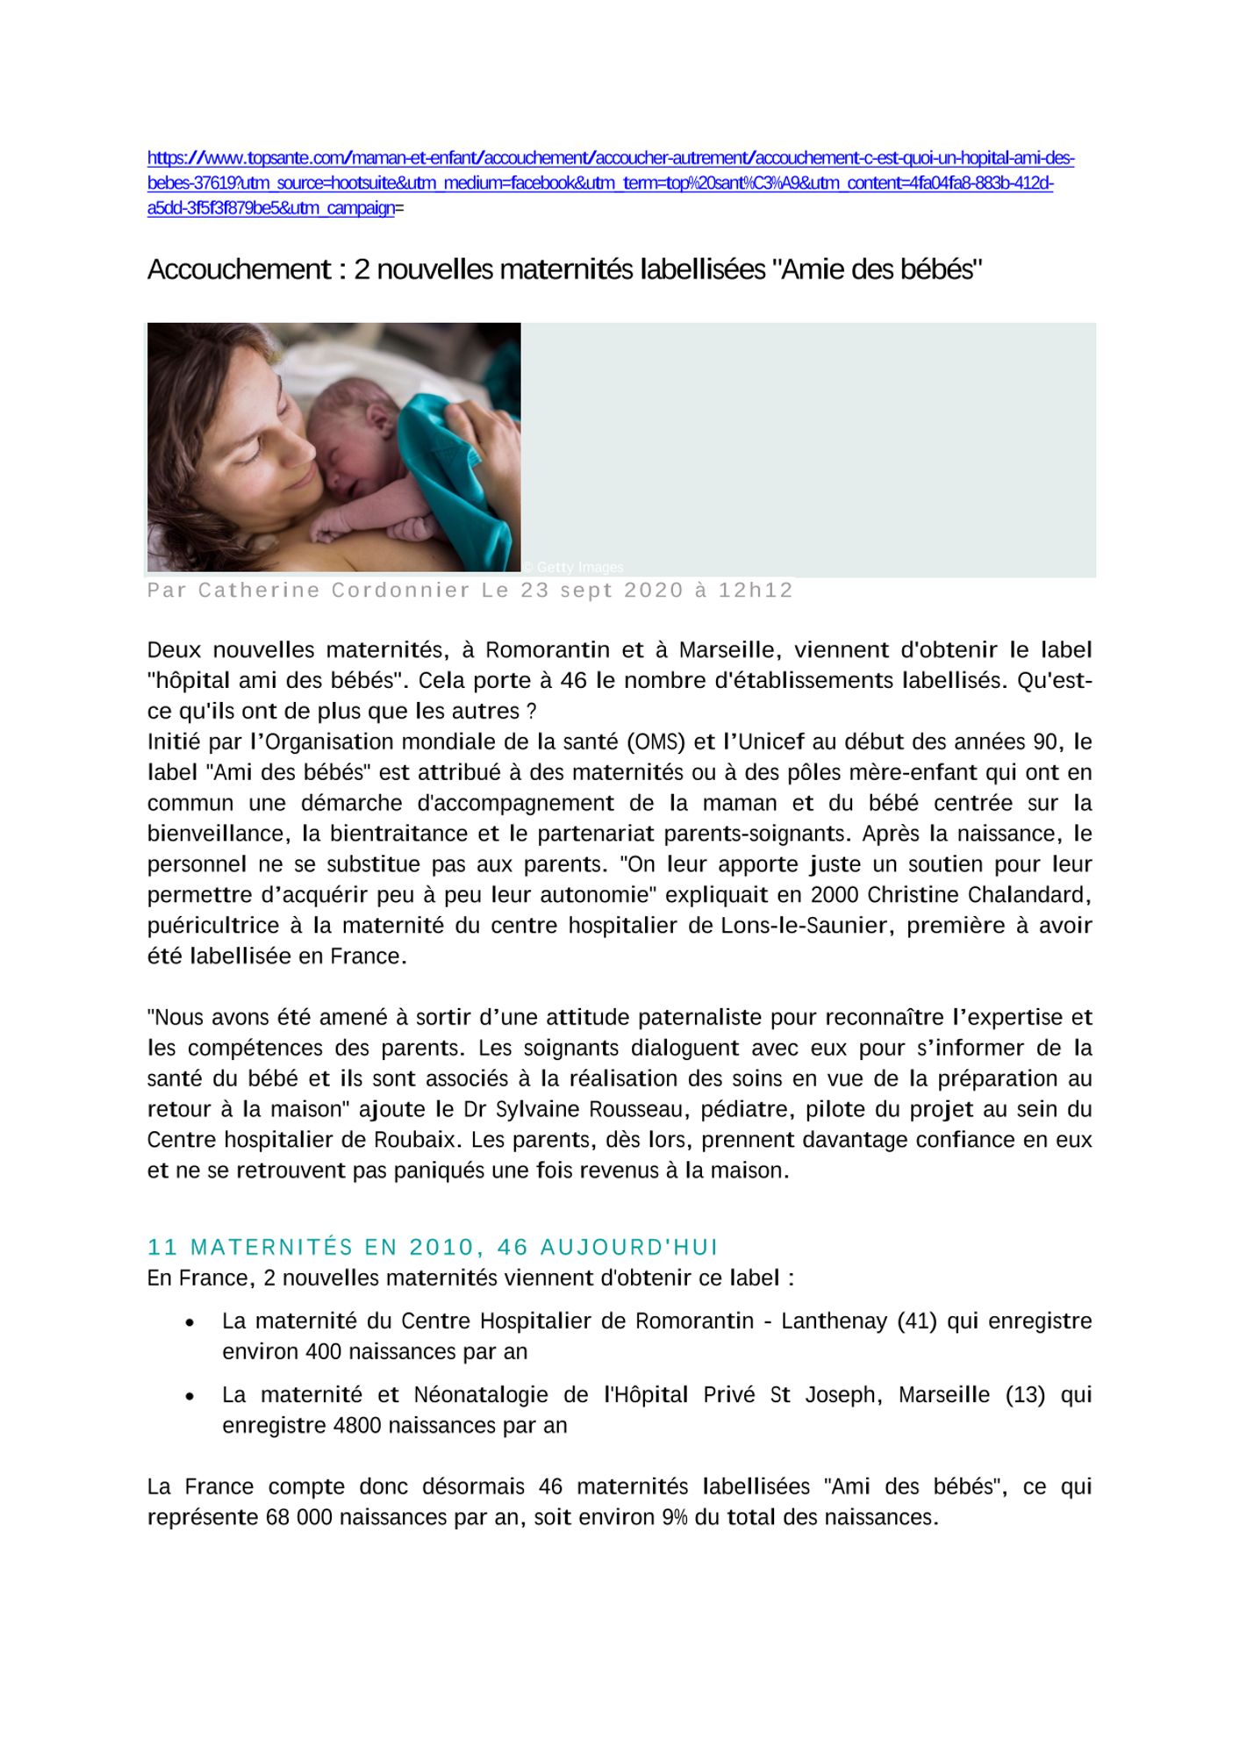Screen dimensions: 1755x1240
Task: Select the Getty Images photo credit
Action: point(576,568)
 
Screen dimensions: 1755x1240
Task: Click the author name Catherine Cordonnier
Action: point(333,591)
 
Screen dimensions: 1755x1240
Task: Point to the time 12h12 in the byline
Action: point(756,591)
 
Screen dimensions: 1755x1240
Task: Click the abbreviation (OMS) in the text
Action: point(656,742)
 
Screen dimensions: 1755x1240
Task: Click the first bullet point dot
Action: point(190,1322)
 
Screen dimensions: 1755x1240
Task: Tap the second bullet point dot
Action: point(190,1396)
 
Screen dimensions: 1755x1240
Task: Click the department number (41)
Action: point(916,1322)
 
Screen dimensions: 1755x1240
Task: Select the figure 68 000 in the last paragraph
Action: point(299,1518)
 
